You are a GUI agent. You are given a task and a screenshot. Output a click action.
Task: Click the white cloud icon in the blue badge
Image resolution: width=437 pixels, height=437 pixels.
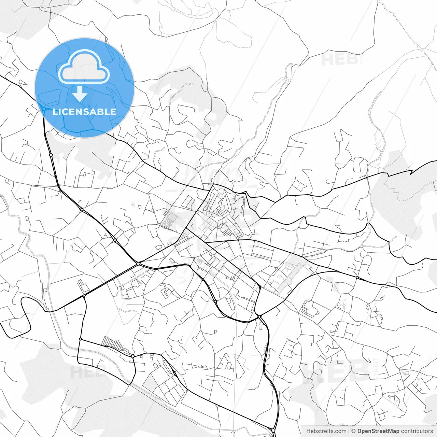[x=84, y=67]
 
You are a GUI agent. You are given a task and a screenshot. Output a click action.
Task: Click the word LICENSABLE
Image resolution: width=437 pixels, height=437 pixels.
[x=84, y=112]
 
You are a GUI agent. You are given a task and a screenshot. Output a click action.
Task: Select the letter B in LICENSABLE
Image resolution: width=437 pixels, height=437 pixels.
[x=101, y=112]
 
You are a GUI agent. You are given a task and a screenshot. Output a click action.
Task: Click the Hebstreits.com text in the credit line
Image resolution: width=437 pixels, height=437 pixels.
[x=326, y=431]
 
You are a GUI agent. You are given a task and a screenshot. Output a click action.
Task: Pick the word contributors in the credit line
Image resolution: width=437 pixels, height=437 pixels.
[x=417, y=431]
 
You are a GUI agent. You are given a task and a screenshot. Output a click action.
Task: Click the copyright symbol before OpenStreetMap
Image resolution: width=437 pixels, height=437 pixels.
[x=354, y=431]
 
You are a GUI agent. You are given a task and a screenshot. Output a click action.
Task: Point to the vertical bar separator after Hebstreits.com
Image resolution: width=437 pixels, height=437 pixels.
[x=349, y=431]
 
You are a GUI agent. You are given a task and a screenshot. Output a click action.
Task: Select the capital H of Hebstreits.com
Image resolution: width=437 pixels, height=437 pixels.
[x=308, y=431]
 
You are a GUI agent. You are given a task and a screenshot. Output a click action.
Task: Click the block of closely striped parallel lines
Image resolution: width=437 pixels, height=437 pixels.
[x=113, y=342]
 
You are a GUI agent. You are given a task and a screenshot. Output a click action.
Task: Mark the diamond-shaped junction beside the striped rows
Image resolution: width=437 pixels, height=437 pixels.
[x=132, y=356]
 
